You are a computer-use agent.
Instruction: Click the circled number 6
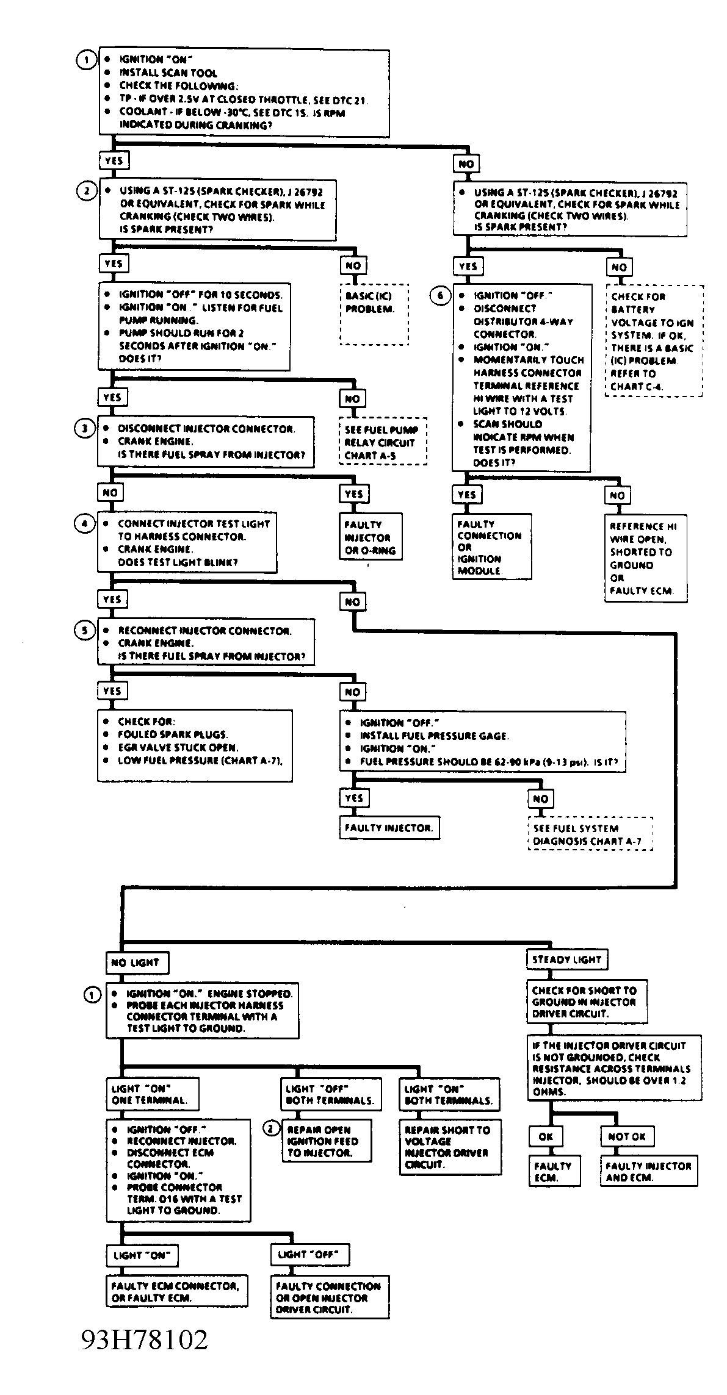440,296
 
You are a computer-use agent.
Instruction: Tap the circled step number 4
85,523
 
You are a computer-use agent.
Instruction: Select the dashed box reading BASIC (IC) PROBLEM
374,314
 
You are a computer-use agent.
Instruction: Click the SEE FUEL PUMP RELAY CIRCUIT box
383,442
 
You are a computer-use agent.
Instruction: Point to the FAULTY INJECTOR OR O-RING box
372,537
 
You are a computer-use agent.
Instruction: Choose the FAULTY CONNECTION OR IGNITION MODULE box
491,547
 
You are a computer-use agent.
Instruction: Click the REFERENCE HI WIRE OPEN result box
646,558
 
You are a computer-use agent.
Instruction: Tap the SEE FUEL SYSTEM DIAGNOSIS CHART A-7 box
590,834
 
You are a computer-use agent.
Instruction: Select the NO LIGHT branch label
137,963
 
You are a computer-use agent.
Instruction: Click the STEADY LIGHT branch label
567,959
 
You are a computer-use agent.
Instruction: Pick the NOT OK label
627,1136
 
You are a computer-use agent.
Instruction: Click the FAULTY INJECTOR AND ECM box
648,1171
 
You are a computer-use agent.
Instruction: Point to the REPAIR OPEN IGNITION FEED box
327,1141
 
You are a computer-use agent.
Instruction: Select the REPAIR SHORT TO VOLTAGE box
450,1147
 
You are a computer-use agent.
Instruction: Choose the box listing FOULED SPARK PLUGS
195,745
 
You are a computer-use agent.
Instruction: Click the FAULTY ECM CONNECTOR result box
177,1291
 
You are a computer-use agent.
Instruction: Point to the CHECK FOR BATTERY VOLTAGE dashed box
654,341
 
